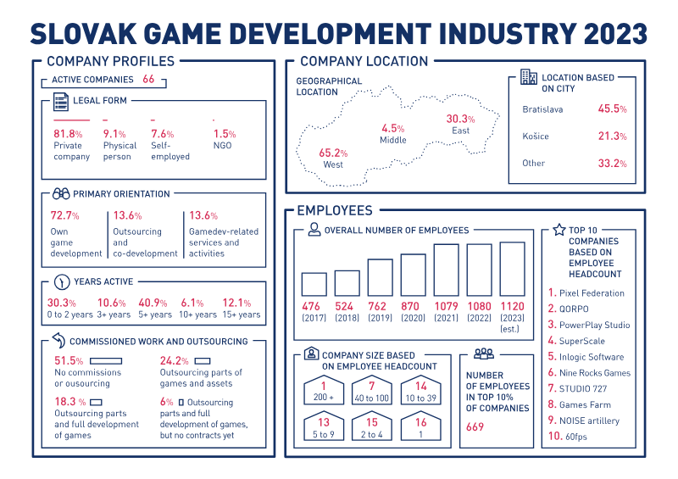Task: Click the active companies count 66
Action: click(x=148, y=79)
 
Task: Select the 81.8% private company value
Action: click(x=68, y=134)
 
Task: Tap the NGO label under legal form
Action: click(x=223, y=146)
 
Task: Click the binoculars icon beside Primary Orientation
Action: click(x=61, y=193)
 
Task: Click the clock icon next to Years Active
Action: click(x=61, y=282)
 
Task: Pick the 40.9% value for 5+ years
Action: click(x=153, y=303)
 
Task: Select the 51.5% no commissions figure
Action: click(x=68, y=361)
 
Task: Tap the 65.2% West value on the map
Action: click(x=333, y=153)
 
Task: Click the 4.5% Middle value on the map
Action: click(x=392, y=128)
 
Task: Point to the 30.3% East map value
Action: click(x=460, y=119)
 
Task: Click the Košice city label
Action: click(x=536, y=136)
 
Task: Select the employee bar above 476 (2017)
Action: click(x=314, y=284)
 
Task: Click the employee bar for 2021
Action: click(x=447, y=270)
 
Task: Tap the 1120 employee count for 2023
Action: click(x=512, y=306)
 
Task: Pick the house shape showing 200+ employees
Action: click(x=324, y=393)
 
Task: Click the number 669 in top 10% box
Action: click(x=475, y=427)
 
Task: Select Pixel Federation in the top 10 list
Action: click(x=592, y=293)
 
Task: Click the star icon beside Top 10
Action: click(x=559, y=230)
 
